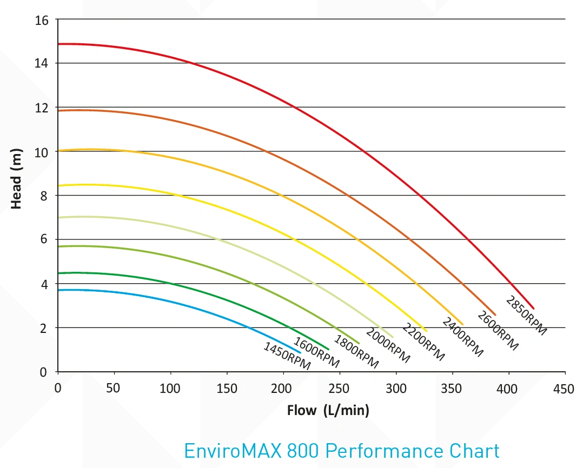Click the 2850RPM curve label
pyautogui.click(x=526, y=316)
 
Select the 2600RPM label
pyautogui.click(x=498, y=331)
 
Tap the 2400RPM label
pyautogui.click(x=462, y=337)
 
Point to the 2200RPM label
pyautogui.click(x=423, y=342)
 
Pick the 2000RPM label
pyautogui.click(x=388, y=345)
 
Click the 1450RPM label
pyautogui.click(x=287, y=356)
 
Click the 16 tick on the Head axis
pyautogui.click(x=42, y=21)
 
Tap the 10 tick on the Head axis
pyautogui.click(x=42, y=152)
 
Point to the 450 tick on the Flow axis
pyautogui.click(x=564, y=389)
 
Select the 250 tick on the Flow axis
pyautogui.click(x=339, y=389)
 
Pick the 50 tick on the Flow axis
pyautogui.click(x=113, y=389)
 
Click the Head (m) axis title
pyautogui.click(x=16, y=179)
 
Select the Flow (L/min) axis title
pyautogui.click(x=328, y=410)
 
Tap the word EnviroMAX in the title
pyautogui.click(x=233, y=451)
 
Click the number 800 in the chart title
pyautogui.click(x=303, y=451)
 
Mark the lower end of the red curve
pyautogui.click(x=534, y=308)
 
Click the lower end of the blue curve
pyautogui.click(x=300, y=352)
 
